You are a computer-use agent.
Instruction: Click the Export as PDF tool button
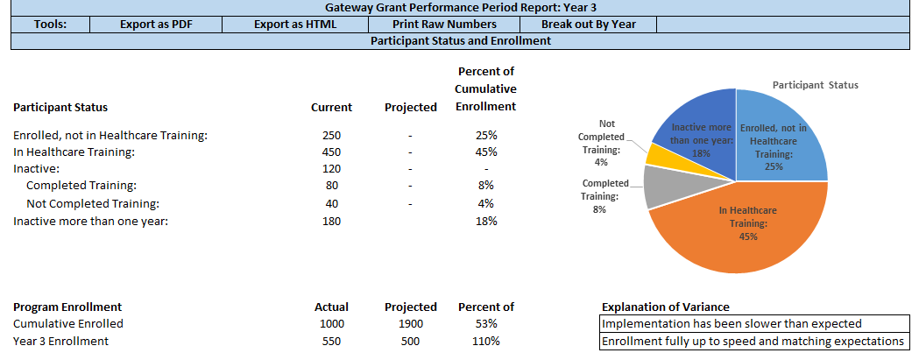pyautogui.click(x=156, y=25)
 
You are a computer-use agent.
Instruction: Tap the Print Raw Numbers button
pyautogui.click(x=444, y=25)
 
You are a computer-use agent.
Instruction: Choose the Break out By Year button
pyautogui.click(x=588, y=25)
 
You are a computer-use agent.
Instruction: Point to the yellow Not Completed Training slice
pyautogui.click(x=659, y=155)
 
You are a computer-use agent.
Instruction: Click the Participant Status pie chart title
pyautogui.click(x=815, y=85)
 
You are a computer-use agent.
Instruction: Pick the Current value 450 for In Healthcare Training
pyautogui.click(x=331, y=152)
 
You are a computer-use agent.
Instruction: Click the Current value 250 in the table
pyautogui.click(x=331, y=136)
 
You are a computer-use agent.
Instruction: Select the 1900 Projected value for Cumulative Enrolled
pyautogui.click(x=410, y=324)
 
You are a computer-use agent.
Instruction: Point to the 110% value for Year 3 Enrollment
pyautogui.click(x=485, y=341)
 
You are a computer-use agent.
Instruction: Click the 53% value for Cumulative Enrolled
pyautogui.click(x=485, y=324)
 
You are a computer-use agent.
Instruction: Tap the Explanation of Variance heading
pyautogui.click(x=665, y=307)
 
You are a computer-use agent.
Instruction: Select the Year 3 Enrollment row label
pyautogui.click(x=61, y=341)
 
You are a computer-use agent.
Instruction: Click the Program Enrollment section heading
pyautogui.click(x=67, y=307)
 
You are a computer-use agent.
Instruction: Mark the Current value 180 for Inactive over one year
pyautogui.click(x=331, y=221)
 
